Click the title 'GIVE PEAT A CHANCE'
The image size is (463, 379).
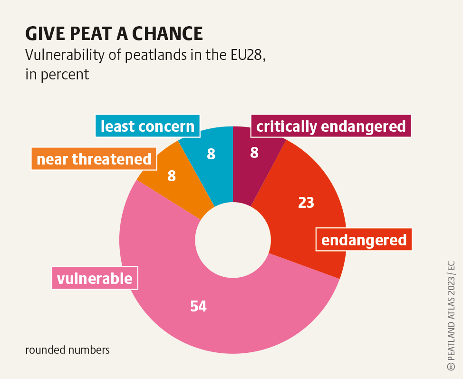[114, 34]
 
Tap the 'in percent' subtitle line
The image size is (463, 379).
[57, 75]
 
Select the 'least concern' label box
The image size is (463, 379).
[147, 126]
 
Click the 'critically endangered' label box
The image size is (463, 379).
[330, 126]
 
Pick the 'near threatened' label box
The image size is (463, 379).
[94, 159]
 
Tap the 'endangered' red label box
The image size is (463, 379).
[364, 240]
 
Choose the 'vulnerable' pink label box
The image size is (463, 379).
[95, 278]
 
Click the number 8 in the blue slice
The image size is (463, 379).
[211, 154]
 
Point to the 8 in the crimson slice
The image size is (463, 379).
[254, 153]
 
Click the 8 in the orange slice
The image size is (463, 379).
[172, 176]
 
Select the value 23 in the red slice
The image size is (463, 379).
[306, 203]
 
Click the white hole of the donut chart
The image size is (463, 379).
[233, 240]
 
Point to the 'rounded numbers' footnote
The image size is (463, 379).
[68, 350]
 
